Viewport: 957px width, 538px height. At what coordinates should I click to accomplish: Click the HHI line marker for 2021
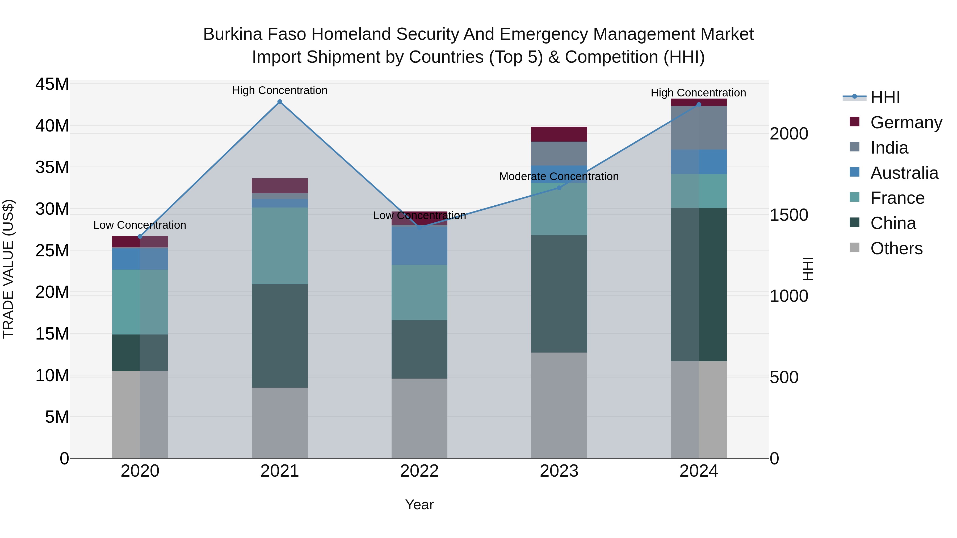(280, 102)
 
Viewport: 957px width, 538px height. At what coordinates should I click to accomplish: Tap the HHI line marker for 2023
(559, 188)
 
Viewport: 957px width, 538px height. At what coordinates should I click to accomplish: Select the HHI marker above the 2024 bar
(698, 105)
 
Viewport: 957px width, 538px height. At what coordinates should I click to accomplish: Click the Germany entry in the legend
(906, 122)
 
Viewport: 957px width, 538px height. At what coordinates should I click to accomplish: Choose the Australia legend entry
(904, 173)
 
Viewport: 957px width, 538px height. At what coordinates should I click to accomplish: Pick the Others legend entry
(896, 248)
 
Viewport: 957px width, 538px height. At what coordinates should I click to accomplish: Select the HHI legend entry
(885, 97)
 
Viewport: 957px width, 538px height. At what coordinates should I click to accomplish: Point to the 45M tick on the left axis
(52, 84)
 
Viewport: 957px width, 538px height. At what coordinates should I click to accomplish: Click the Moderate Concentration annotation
(559, 176)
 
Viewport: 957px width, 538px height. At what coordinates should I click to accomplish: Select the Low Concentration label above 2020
(140, 225)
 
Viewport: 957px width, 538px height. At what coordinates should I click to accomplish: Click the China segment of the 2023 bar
(559, 293)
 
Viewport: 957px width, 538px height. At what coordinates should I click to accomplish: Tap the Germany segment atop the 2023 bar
(559, 134)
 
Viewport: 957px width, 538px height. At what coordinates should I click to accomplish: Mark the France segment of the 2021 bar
(280, 246)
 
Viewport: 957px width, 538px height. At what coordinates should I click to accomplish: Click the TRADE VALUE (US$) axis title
(8, 269)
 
